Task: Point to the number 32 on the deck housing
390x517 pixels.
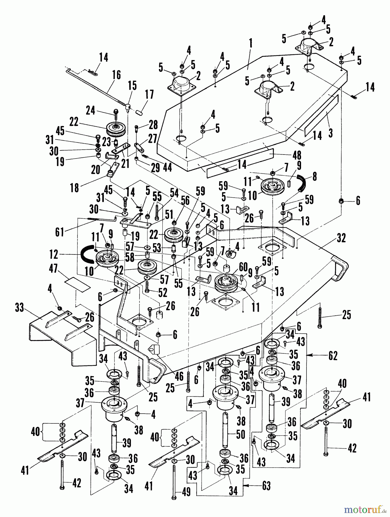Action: point(341,238)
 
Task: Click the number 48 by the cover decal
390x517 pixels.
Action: point(297,155)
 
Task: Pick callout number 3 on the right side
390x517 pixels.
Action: point(331,133)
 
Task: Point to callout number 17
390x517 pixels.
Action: point(149,94)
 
